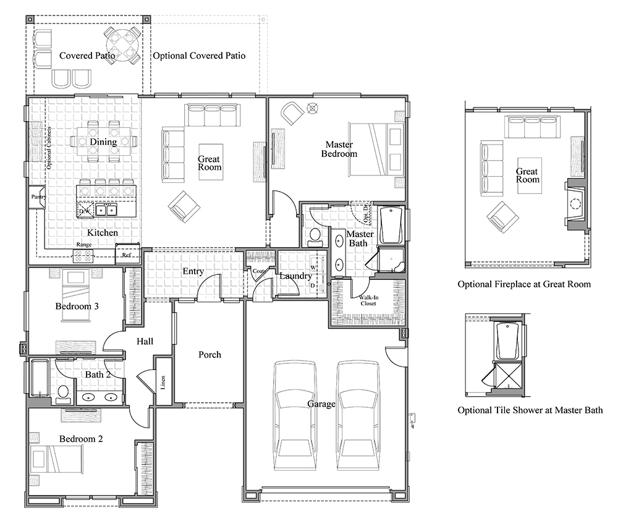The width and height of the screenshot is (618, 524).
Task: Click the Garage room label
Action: point(321,404)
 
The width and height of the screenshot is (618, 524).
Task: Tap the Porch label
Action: point(210,355)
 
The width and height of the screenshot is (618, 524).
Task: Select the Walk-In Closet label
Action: point(370,300)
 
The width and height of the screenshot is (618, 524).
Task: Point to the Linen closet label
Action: point(163,382)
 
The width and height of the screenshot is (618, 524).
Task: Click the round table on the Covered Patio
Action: point(121,44)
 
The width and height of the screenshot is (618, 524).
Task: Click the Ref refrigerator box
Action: point(127,254)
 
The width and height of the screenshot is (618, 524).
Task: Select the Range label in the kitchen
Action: point(83,245)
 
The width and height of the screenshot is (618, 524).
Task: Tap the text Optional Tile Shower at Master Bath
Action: point(530,410)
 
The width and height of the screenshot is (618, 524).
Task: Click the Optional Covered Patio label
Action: point(199,56)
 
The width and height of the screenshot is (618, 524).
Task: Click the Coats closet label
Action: point(258,271)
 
